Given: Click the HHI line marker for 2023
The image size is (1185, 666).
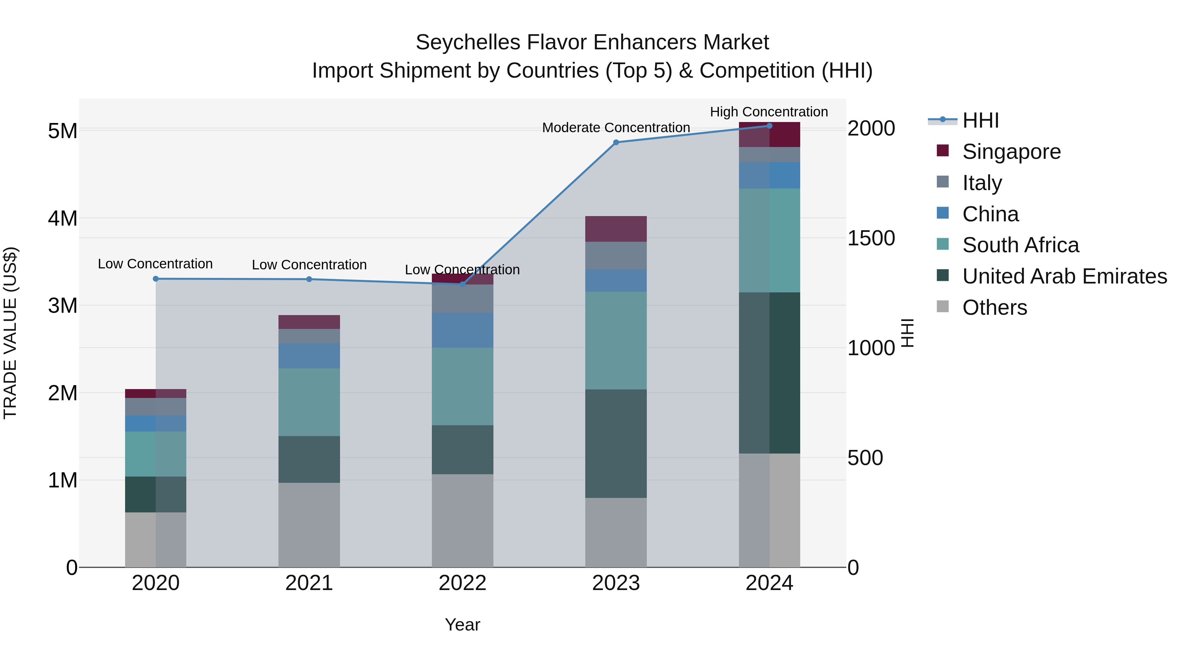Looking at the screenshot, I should [x=616, y=142].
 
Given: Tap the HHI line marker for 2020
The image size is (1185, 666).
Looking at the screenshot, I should [x=155, y=279].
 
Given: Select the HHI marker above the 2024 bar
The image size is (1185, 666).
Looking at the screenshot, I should [x=769, y=126].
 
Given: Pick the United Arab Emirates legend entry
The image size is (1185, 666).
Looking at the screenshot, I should [x=1064, y=276].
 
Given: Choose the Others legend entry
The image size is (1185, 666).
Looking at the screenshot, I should [x=994, y=308].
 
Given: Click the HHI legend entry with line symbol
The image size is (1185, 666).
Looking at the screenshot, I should [x=980, y=120].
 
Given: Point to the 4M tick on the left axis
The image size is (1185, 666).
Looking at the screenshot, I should [x=63, y=218].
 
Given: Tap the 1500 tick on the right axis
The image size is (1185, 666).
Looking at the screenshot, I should [x=870, y=238].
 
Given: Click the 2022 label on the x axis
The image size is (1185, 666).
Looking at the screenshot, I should [x=462, y=583].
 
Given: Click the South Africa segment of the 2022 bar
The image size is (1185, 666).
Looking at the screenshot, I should [x=462, y=386].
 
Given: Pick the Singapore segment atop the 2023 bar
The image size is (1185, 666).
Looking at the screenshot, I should [x=616, y=229].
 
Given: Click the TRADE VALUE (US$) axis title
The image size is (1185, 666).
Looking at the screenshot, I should [x=10, y=333].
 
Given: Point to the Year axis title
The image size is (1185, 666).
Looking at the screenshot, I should [x=462, y=625].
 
